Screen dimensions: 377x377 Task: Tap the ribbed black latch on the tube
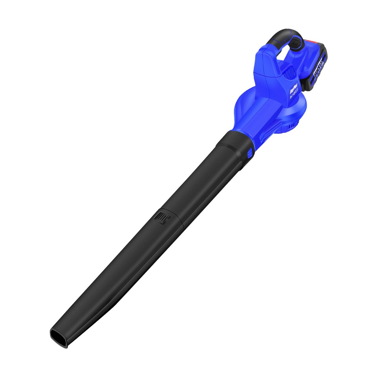tap(161, 217)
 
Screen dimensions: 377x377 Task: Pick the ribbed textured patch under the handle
tap(289, 73)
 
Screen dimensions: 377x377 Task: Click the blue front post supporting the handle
tap(271, 63)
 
